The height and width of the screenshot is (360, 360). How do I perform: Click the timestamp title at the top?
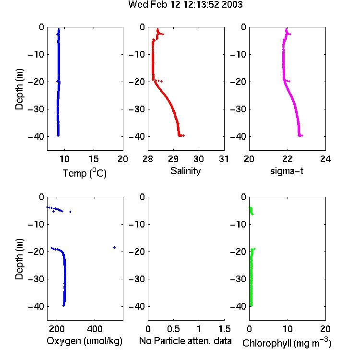pyautogui.click(x=185, y=4)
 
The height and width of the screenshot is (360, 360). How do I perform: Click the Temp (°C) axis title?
pyautogui.click(x=84, y=173)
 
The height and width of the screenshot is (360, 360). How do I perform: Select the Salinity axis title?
pyautogui.click(x=185, y=171)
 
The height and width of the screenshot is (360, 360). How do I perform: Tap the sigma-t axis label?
pyautogui.click(x=287, y=171)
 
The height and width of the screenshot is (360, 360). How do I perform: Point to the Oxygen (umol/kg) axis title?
pyautogui.click(x=84, y=341)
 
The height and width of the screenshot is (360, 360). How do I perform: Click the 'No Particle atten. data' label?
pyautogui.click(x=185, y=341)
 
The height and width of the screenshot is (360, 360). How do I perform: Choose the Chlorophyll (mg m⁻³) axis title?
pyautogui.click(x=287, y=343)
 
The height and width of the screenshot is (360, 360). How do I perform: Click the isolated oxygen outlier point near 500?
pyautogui.click(x=114, y=247)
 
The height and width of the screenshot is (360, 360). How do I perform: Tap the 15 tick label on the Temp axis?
pyautogui.click(x=94, y=159)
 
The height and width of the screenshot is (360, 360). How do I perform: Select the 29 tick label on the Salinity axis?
pyautogui.click(x=173, y=159)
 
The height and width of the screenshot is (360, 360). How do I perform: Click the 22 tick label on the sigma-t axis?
pyautogui.click(x=287, y=159)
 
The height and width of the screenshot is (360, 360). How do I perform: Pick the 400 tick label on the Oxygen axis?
pyautogui.click(x=95, y=329)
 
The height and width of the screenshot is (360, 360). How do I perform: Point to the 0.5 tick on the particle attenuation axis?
pyautogui.click(x=173, y=329)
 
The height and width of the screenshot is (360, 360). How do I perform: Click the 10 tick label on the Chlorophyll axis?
pyautogui.click(x=287, y=329)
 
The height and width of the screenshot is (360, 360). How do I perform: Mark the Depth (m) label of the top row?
pyautogui.click(x=19, y=89)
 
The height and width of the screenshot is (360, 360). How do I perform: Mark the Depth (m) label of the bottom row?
pyautogui.click(x=19, y=259)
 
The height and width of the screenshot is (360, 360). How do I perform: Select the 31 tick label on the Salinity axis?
pyautogui.click(x=224, y=159)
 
